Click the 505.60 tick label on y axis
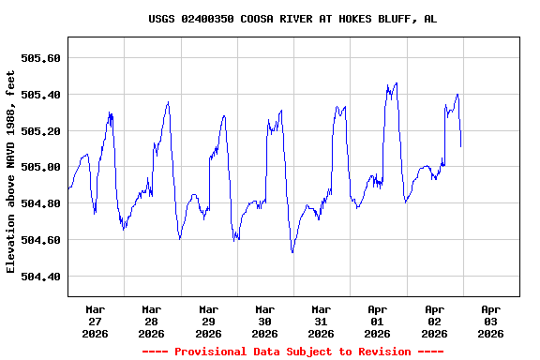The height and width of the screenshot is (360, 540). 40,58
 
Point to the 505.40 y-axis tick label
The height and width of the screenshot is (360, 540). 40,95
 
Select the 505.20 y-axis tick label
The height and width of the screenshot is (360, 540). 40,131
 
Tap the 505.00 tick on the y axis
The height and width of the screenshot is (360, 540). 40,168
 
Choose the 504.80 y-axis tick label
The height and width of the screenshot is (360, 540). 40,203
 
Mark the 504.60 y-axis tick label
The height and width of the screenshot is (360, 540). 40,240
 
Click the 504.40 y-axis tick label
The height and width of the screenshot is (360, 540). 40,277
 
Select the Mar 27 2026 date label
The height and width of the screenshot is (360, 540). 95,321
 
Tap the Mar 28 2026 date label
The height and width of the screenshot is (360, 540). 151,321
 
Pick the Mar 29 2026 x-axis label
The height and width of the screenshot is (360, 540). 208,321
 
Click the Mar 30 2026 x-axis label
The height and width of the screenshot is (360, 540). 264,321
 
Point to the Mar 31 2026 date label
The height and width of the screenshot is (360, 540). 321,321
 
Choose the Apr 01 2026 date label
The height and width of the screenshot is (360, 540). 377,321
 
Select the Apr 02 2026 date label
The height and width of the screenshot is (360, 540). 434,321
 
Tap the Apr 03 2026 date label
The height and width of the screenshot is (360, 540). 490,321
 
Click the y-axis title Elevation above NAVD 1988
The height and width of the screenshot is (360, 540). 11,172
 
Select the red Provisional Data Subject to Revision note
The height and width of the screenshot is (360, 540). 292,352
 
